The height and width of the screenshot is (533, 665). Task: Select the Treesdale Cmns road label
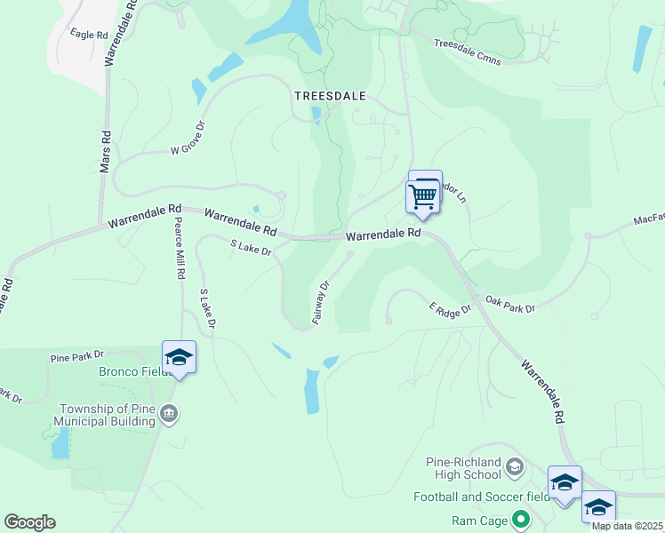[468, 52]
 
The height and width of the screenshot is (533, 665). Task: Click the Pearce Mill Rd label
[178, 249]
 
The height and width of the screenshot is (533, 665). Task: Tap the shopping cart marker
[424, 195]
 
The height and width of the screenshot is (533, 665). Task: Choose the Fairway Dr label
[323, 303]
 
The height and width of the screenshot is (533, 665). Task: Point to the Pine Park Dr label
[77, 357]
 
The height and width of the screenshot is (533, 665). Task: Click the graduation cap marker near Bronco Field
[180, 357]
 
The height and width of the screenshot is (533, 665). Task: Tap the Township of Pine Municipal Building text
[108, 415]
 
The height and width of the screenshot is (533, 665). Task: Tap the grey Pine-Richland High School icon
[515, 466]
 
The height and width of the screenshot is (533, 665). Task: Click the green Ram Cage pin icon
[522, 518]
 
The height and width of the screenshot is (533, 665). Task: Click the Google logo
[29, 522]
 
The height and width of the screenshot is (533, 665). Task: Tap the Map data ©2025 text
[627, 526]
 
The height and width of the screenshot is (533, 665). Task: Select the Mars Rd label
[105, 152]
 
